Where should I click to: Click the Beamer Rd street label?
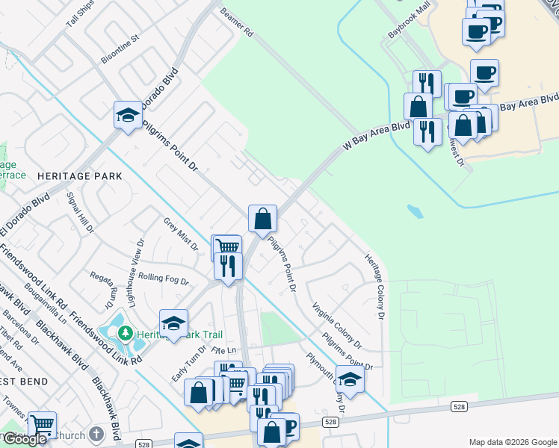236,22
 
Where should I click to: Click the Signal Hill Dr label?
80,212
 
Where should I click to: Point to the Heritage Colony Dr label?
374,285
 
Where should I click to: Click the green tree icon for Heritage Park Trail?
126,333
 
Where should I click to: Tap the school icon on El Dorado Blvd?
128,115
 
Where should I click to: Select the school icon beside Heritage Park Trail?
173,323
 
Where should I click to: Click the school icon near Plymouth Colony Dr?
350,379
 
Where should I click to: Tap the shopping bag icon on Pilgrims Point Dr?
262,219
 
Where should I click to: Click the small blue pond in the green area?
415,211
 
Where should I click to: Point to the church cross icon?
96,433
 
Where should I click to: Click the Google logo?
25,439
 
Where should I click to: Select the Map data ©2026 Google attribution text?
512,442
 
